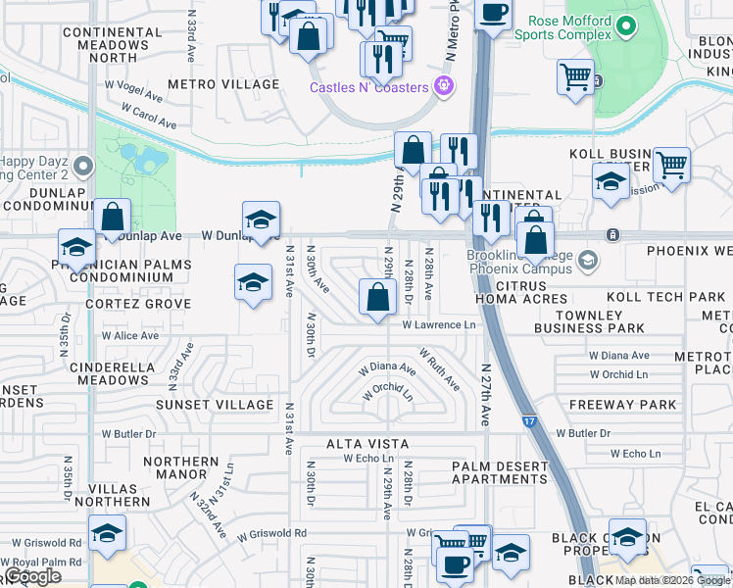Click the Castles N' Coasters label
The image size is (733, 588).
368,87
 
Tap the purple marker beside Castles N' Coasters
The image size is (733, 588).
444,86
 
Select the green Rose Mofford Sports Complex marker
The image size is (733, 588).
628,26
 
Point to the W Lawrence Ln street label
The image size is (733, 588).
438,324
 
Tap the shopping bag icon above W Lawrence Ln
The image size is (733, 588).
377,296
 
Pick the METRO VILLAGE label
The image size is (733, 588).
223,84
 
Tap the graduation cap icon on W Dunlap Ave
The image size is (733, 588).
261,220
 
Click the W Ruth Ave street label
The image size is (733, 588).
439,368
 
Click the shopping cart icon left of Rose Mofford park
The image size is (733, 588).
574,75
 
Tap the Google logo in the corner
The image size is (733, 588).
33,575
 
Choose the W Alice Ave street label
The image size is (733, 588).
130,335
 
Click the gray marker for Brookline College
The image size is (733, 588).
587,260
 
